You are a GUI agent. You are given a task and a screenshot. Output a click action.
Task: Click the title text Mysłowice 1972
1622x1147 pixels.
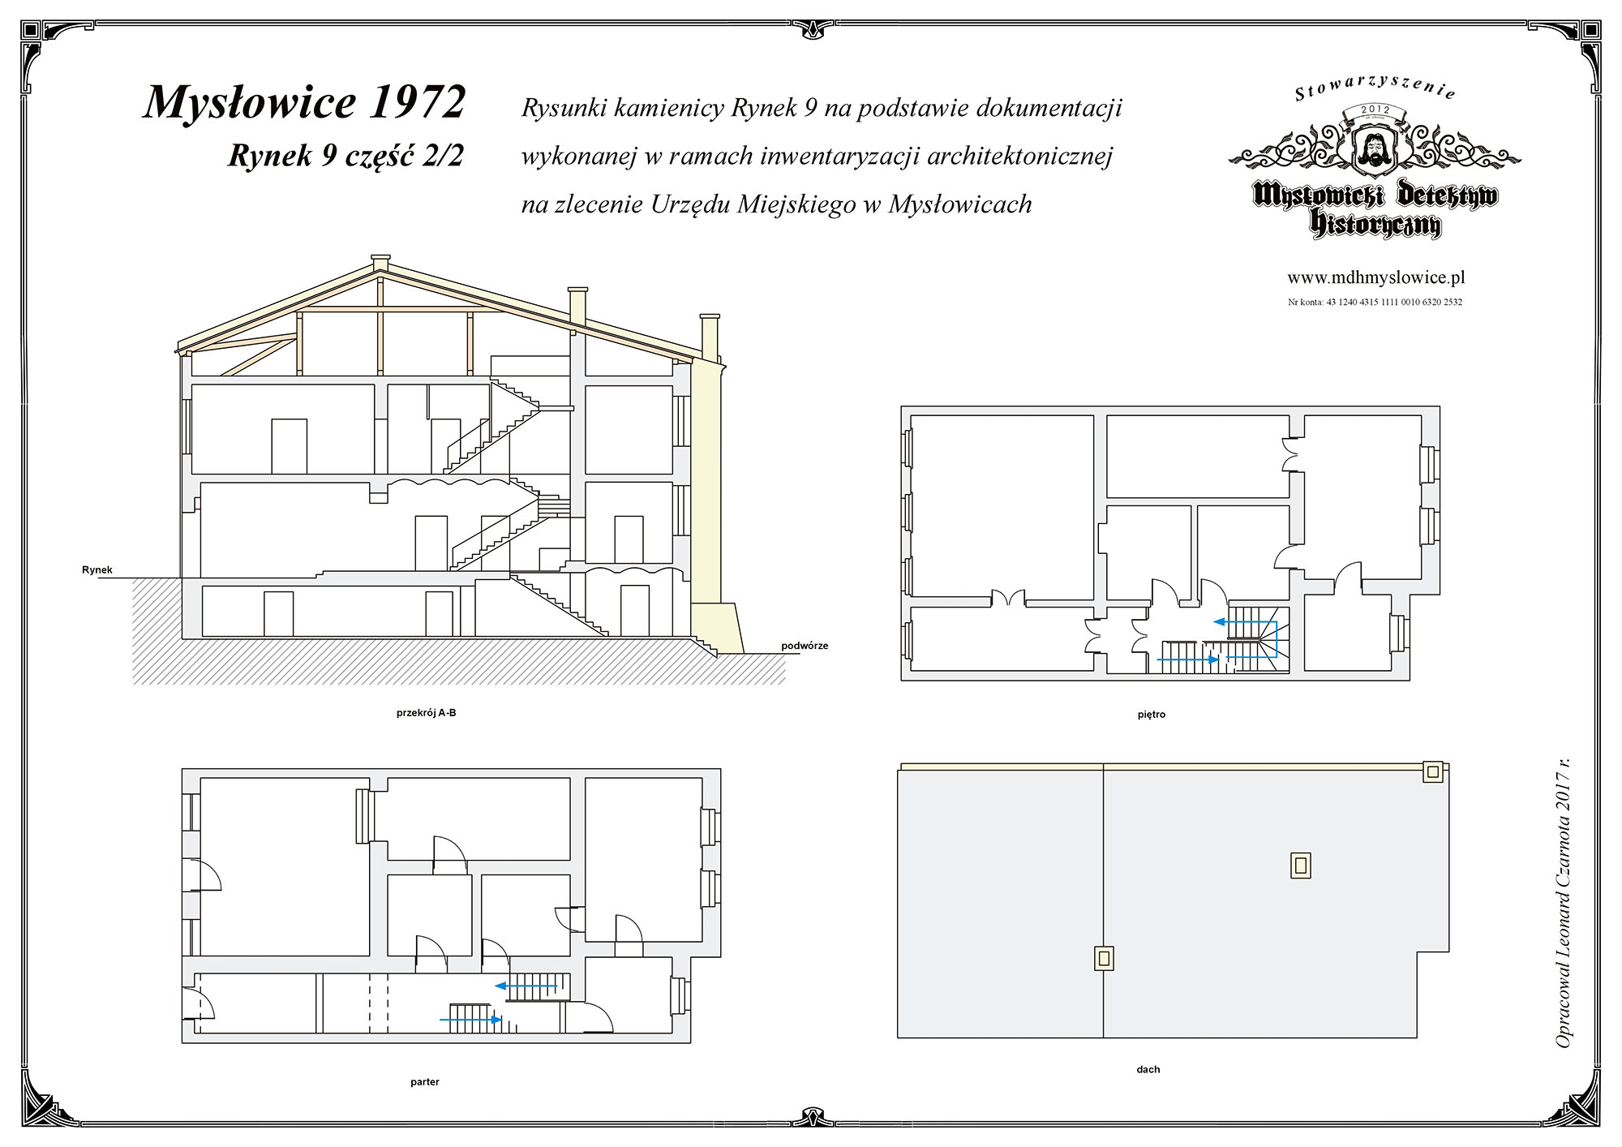tap(305, 103)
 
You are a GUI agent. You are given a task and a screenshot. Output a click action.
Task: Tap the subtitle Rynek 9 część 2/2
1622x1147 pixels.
tap(346, 155)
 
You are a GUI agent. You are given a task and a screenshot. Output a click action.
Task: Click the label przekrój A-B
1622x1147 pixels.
tap(427, 713)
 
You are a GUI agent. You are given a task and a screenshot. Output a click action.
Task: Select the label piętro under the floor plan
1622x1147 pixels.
tap(1152, 715)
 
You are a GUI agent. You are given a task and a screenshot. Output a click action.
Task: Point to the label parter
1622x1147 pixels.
tap(425, 1082)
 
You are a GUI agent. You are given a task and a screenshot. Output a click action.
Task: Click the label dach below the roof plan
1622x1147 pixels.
tap(1148, 1069)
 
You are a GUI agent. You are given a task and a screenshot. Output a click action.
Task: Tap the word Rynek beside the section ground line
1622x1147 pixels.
tap(97, 569)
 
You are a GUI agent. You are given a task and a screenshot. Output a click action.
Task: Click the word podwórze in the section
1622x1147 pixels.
tap(805, 646)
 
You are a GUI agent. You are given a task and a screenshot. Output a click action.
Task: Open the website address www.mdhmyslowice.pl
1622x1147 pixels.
tap(1376, 277)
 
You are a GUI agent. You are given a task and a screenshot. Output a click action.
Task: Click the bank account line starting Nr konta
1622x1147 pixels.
tap(1375, 303)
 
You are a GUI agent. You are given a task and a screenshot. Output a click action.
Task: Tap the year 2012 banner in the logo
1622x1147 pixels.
tap(1375, 110)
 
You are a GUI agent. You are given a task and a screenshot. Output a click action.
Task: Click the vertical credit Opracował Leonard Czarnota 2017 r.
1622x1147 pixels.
tap(1563, 902)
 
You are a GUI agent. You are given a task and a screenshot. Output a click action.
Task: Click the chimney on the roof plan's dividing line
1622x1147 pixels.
tap(1104, 959)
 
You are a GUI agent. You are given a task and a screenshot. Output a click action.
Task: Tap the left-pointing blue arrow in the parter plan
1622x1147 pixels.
tap(526, 986)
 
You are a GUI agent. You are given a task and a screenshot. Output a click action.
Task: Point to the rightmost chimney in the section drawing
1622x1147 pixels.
tap(710, 338)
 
